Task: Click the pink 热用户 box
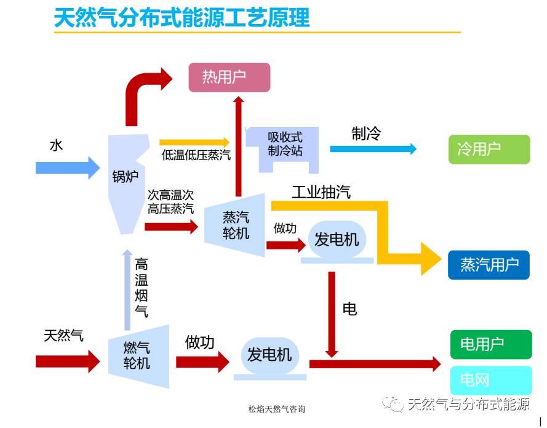point(229,78)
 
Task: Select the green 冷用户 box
point(489,149)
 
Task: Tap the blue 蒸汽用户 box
point(489,265)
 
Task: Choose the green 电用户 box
point(490,344)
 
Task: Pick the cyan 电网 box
point(490,380)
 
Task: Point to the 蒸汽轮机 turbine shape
point(236,225)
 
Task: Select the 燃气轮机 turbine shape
point(137,356)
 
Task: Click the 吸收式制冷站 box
point(285,144)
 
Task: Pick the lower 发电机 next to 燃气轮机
point(269,355)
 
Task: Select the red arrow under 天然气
point(67,360)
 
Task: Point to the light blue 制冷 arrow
point(373,149)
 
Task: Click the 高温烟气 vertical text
point(142,288)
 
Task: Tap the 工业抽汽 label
point(321,192)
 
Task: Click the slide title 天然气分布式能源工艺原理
point(182,17)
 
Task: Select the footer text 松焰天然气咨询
point(276,409)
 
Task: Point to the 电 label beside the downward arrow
point(349,309)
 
